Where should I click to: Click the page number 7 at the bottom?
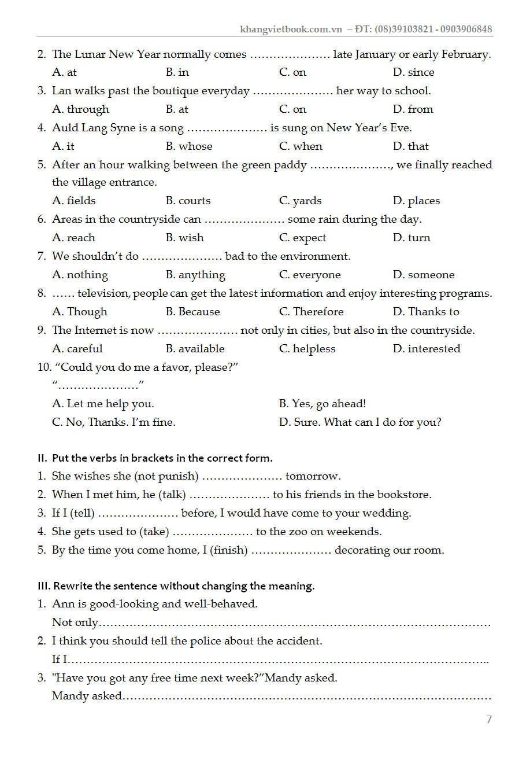tap(489, 719)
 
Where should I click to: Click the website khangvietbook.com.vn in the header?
tap(291, 30)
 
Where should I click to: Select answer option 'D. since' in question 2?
tap(413, 72)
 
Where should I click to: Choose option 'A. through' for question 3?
tap(80, 109)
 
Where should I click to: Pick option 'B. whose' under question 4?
tap(189, 146)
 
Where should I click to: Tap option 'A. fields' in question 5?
tap(74, 201)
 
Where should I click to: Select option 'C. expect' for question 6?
tap(302, 238)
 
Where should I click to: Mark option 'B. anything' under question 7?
tap(195, 275)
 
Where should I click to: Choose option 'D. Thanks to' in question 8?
tap(426, 312)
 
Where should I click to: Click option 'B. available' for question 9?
tap(195, 349)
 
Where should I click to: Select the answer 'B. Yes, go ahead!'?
tap(323, 404)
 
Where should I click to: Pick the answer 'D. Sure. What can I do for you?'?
tap(360, 422)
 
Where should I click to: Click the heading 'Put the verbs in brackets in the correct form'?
tap(162, 458)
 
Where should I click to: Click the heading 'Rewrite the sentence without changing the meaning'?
tap(184, 586)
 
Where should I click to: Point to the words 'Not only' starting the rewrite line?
tap(75, 622)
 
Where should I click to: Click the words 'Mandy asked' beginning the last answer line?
tap(87, 696)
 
